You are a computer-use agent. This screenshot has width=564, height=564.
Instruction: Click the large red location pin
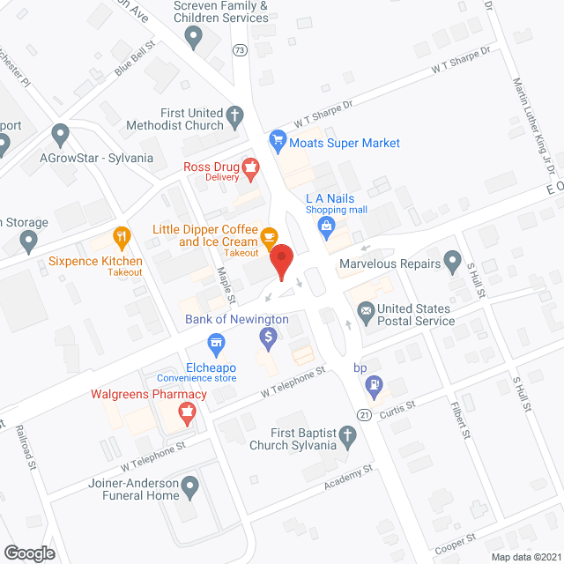[280, 261]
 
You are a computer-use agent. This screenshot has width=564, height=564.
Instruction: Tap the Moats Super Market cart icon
[278, 138]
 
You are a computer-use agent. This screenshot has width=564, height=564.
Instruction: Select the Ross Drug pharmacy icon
[251, 166]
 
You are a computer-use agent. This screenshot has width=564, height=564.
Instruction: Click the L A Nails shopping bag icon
[327, 226]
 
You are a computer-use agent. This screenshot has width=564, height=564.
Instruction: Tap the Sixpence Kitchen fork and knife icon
[122, 236]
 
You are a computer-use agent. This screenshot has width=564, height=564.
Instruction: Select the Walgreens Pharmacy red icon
[187, 411]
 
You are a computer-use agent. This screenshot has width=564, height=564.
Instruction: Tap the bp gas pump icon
[376, 384]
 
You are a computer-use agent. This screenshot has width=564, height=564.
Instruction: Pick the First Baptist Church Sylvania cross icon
[348, 434]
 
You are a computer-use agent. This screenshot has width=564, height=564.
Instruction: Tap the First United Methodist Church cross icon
[235, 114]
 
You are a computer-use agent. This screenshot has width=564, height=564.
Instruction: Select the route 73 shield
[240, 50]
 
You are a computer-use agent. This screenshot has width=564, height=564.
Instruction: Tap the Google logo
[29, 553]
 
